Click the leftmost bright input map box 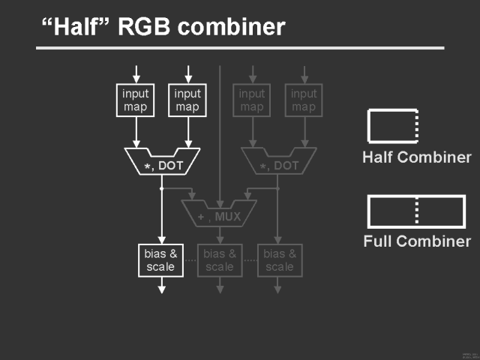(136, 100)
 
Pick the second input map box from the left (187, 100)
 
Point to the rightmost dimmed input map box (304, 100)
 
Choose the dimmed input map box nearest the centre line (252, 100)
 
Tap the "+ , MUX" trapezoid (220, 214)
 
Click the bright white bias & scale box (160, 260)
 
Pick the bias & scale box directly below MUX (220, 260)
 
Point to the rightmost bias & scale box (280, 260)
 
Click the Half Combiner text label (416, 157)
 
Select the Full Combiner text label (417, 241)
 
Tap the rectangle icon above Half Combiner (391, 126)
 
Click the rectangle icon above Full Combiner (416, 211)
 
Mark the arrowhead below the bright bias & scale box (160, 288)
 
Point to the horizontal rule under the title (240, 49)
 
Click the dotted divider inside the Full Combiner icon (417, 211)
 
